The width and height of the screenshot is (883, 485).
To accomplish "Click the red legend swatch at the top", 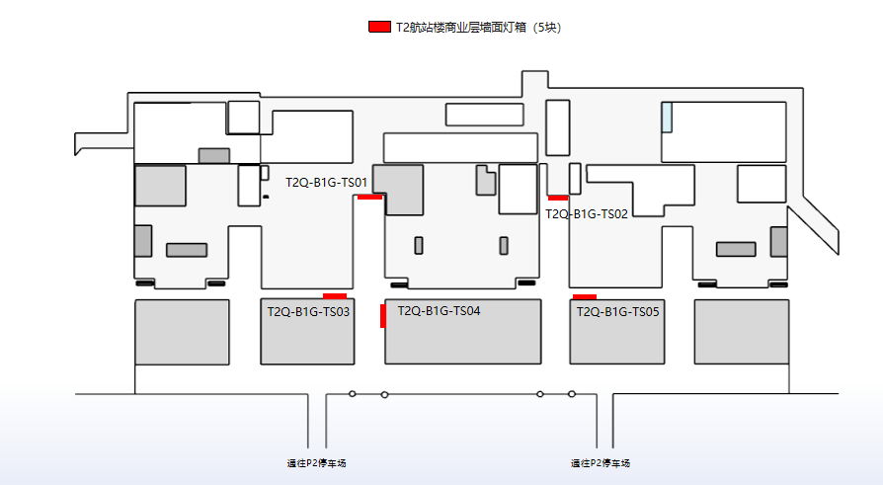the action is (x=378, y=27).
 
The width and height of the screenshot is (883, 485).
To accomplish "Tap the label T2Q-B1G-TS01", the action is (x=327, y=183).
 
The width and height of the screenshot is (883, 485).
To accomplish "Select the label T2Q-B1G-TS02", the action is (x=587, y=213).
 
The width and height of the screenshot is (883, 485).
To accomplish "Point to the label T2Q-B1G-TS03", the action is (x=308, y=311).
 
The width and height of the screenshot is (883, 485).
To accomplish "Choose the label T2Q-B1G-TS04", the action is (x=439, y=310).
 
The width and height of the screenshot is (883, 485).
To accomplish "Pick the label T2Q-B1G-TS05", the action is (x=617, y=311).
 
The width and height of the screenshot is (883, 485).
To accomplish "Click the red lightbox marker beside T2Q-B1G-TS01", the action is (x=369, y=197).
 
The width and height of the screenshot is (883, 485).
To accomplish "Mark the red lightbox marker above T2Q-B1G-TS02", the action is (x=558, y=198).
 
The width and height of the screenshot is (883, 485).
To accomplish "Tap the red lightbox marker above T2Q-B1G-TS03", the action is (x=335, y=295).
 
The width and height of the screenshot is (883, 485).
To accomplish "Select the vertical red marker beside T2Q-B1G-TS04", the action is (x=382, y=315).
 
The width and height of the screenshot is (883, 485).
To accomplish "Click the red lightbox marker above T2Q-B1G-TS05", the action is (x=585, y=296).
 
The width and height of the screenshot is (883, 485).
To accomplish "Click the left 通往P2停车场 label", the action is (x=317, y=463).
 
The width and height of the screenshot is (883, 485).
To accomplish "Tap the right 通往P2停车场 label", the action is (x=601, y=463).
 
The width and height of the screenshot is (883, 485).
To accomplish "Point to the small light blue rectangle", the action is (x=668, y=117).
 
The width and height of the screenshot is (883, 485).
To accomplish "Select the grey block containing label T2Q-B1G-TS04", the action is (x=463, y=341).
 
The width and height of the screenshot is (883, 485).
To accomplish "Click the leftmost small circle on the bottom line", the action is (x=353, y=394).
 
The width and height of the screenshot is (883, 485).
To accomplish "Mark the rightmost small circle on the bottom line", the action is (x=571, y=394).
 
